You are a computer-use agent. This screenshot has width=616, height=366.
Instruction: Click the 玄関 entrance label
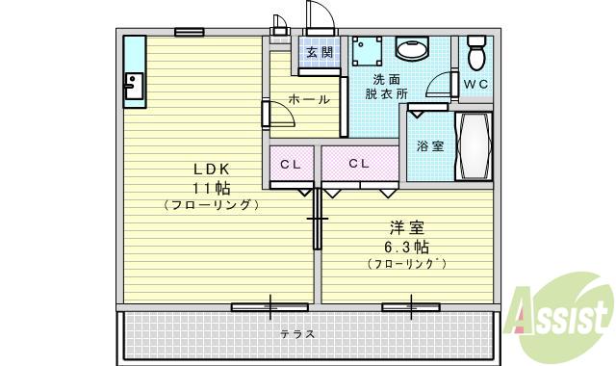(321, 52)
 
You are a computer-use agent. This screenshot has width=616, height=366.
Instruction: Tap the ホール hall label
(309, 99)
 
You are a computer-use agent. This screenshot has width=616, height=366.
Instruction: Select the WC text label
(475, 84)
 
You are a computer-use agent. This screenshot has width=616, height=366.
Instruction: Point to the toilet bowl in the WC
(475, 54)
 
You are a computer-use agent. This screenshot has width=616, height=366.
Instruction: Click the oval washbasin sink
(414, 50)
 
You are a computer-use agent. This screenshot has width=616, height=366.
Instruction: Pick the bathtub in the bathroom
(473, 146)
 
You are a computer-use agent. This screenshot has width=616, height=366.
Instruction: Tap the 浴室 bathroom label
(430, 146)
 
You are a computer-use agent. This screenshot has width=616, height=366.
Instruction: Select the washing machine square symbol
(367, 51)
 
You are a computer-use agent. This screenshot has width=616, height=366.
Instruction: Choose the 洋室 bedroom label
(406, 228)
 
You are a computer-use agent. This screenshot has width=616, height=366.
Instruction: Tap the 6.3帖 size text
(406, 246)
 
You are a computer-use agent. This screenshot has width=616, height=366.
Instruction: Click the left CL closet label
(291, 164)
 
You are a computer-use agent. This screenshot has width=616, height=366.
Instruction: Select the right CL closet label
(359, 164)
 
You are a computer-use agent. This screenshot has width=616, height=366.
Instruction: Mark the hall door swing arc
(282, 114)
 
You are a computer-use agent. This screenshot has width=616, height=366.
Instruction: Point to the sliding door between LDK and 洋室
(316, 220)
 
